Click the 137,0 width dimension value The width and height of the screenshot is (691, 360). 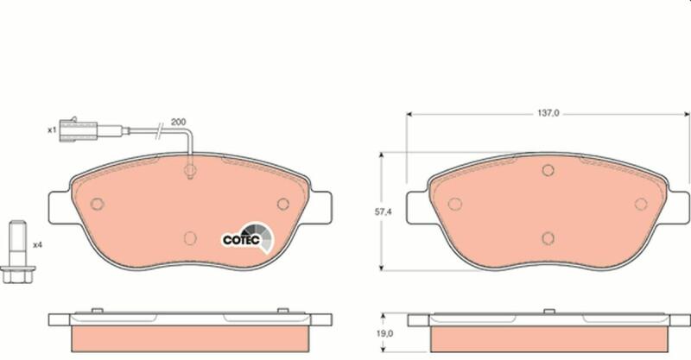click(548, 113)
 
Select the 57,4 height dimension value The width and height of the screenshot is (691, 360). click(384, 212)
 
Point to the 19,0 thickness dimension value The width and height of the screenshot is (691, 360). click(384, 333)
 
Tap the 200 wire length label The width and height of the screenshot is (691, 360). click(179, 122)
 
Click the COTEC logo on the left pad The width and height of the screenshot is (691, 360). click(247, 238)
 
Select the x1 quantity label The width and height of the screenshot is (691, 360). click(52, 130)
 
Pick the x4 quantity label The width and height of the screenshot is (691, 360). click(38, 244)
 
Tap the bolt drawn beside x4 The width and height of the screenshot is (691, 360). click(17, 251)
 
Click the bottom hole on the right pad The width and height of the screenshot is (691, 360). click(548, 238)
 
